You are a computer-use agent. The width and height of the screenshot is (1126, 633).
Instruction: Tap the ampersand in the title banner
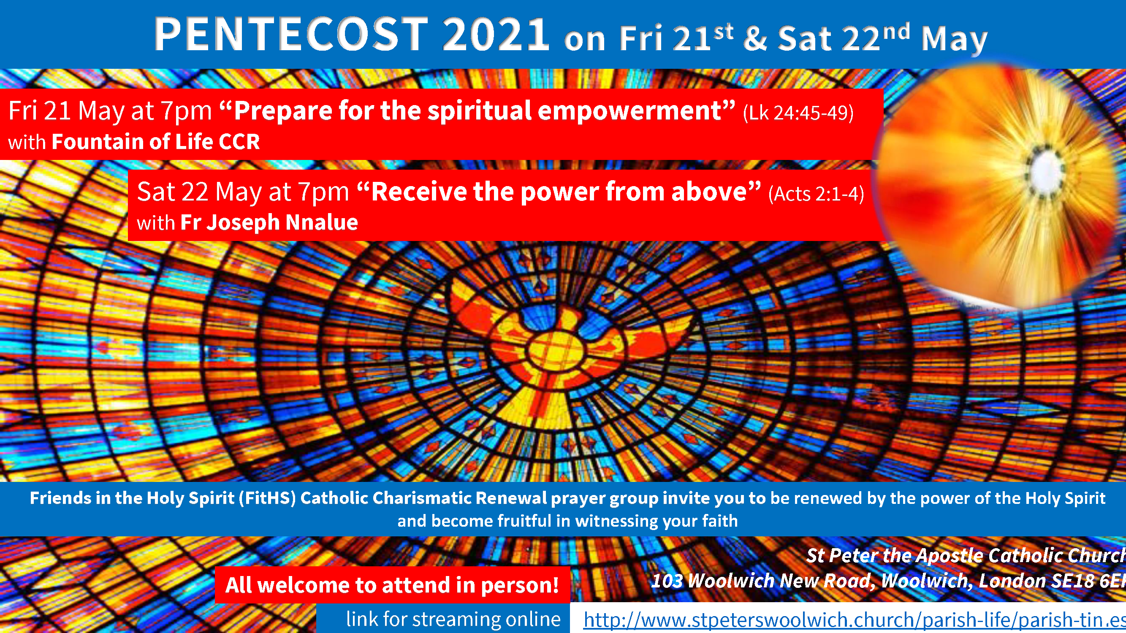pos(755,38)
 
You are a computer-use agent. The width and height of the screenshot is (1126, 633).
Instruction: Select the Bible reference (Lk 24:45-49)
pos(798,113)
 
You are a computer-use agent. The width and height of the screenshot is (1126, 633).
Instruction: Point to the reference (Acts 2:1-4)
pos(816,194)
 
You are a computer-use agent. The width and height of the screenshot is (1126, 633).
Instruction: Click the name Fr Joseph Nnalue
pos(269,222)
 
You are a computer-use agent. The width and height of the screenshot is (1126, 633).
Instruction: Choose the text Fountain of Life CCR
pos(156,141)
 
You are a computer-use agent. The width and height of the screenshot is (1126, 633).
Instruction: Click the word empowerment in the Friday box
pos(630,111)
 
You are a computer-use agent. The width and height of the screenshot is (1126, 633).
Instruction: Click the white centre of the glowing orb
pos(1048,168)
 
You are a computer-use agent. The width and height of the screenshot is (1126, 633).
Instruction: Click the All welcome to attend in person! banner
pos(392,585)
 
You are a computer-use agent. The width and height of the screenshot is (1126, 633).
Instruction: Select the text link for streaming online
pos(453,619)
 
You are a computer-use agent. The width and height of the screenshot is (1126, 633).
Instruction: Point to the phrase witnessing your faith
pos(657,521)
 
